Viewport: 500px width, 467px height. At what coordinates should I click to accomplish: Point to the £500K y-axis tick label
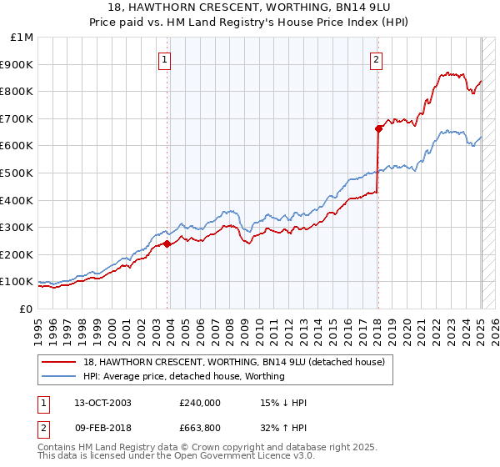coord(18,173)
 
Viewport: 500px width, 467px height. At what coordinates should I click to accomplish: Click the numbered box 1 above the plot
coord(165,59)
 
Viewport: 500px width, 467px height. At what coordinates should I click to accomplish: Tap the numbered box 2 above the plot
coord(377,59)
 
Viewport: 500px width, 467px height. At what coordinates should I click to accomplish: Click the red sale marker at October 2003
coord(167,244)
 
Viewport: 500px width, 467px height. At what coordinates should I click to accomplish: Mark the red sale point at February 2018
coord(378,128)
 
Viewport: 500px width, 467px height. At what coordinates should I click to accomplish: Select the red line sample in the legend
coord(59,362)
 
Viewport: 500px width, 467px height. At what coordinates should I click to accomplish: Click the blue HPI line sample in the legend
coord(59,376)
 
